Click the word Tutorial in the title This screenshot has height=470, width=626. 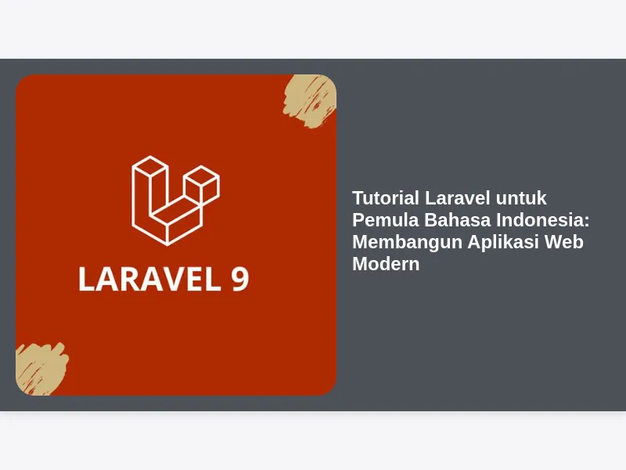(x=385, y=198)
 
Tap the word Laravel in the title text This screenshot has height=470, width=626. (x=457, y=198)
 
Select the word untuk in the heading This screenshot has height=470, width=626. (x=521, y=199)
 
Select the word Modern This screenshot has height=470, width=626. (x=386, y=264)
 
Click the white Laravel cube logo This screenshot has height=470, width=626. (x=175, y=201)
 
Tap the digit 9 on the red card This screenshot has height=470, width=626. (x=240, y=279)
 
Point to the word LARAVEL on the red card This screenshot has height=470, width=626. (x=149, y=279)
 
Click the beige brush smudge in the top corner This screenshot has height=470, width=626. (x=310, y=102)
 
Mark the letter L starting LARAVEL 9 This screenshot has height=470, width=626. (x=86, y=279)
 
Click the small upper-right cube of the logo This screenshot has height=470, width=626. (x=202, y=183)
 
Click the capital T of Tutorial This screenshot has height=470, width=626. (x=358, y=198)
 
